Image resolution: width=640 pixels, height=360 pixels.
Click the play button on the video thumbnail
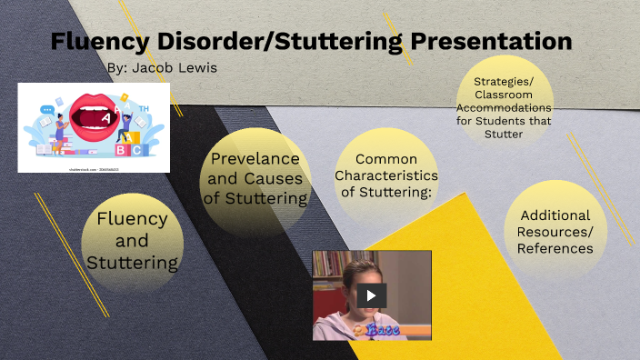pos(371,295)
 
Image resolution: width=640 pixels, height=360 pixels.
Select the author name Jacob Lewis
pos(168,68)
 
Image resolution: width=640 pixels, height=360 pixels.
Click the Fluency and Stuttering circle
pos(133,241)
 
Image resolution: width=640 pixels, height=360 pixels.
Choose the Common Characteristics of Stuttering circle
pos(385,175)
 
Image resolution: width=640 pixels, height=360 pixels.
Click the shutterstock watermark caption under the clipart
pos(94,169)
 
